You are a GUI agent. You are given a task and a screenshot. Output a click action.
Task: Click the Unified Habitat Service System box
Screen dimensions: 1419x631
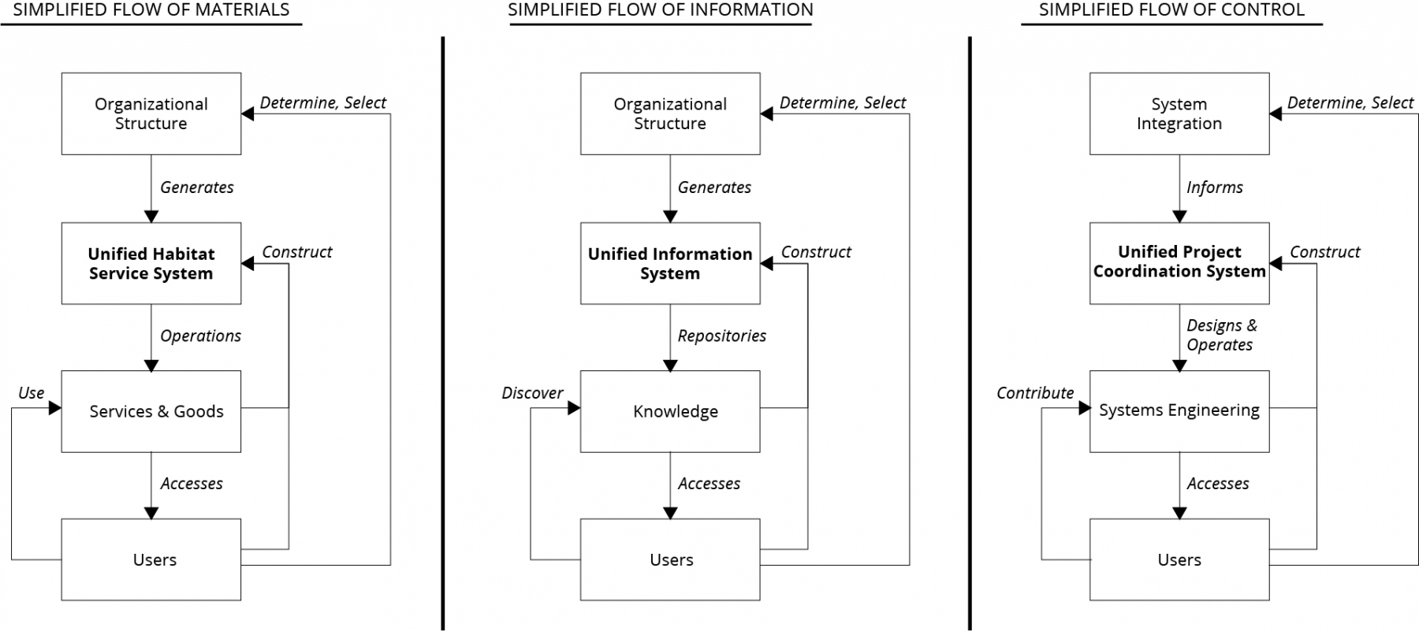click(x=151, y=263)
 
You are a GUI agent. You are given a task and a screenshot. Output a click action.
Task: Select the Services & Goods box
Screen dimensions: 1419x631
click(x=151, y=411)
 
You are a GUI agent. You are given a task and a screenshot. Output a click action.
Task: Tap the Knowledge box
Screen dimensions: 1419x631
click(x=670, y=411)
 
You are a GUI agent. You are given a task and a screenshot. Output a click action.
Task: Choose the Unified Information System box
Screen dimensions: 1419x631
click(x=670, y=263)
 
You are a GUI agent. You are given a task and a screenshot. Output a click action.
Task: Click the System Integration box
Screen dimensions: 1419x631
click(x=1179, y=113)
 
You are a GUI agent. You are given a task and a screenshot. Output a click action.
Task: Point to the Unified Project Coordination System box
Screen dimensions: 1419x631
click(x=1179, y=263)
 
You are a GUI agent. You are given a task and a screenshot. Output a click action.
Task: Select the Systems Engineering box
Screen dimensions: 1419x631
click(x=1179, y=411)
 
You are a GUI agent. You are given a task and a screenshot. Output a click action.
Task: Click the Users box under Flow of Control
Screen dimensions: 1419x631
click(x=1179, y=559)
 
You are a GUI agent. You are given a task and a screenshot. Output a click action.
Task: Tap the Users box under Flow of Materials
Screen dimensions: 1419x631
click(x=151, y=559)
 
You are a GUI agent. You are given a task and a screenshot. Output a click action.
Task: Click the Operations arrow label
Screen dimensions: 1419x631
click(x=200, y=336)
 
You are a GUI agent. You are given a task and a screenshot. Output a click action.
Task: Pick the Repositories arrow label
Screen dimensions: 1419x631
click(x=721, y=336)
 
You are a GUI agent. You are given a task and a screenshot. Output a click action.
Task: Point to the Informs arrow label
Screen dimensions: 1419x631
click(x=1214, y=187)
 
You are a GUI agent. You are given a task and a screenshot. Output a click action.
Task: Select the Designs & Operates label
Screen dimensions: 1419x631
click(x=1221, y=335)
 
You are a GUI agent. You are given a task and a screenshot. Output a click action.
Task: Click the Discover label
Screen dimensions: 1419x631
click(x=532, y=393)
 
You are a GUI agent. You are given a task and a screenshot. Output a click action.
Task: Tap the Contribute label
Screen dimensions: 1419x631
click(x=1035, y=393)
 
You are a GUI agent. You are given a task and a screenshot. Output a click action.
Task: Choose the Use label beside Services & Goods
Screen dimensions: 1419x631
click(x=32, y=393)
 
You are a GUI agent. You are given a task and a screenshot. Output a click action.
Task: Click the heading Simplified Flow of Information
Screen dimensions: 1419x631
click(x=661, y=10)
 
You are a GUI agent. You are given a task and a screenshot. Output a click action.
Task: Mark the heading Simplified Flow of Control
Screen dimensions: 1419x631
click(x=1171, y=10)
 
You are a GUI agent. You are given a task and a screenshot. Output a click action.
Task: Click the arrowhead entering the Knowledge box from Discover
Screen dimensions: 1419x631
click(x=574, y=408)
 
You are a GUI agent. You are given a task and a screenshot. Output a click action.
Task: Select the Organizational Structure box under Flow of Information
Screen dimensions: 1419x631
click(x=670, y=113)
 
